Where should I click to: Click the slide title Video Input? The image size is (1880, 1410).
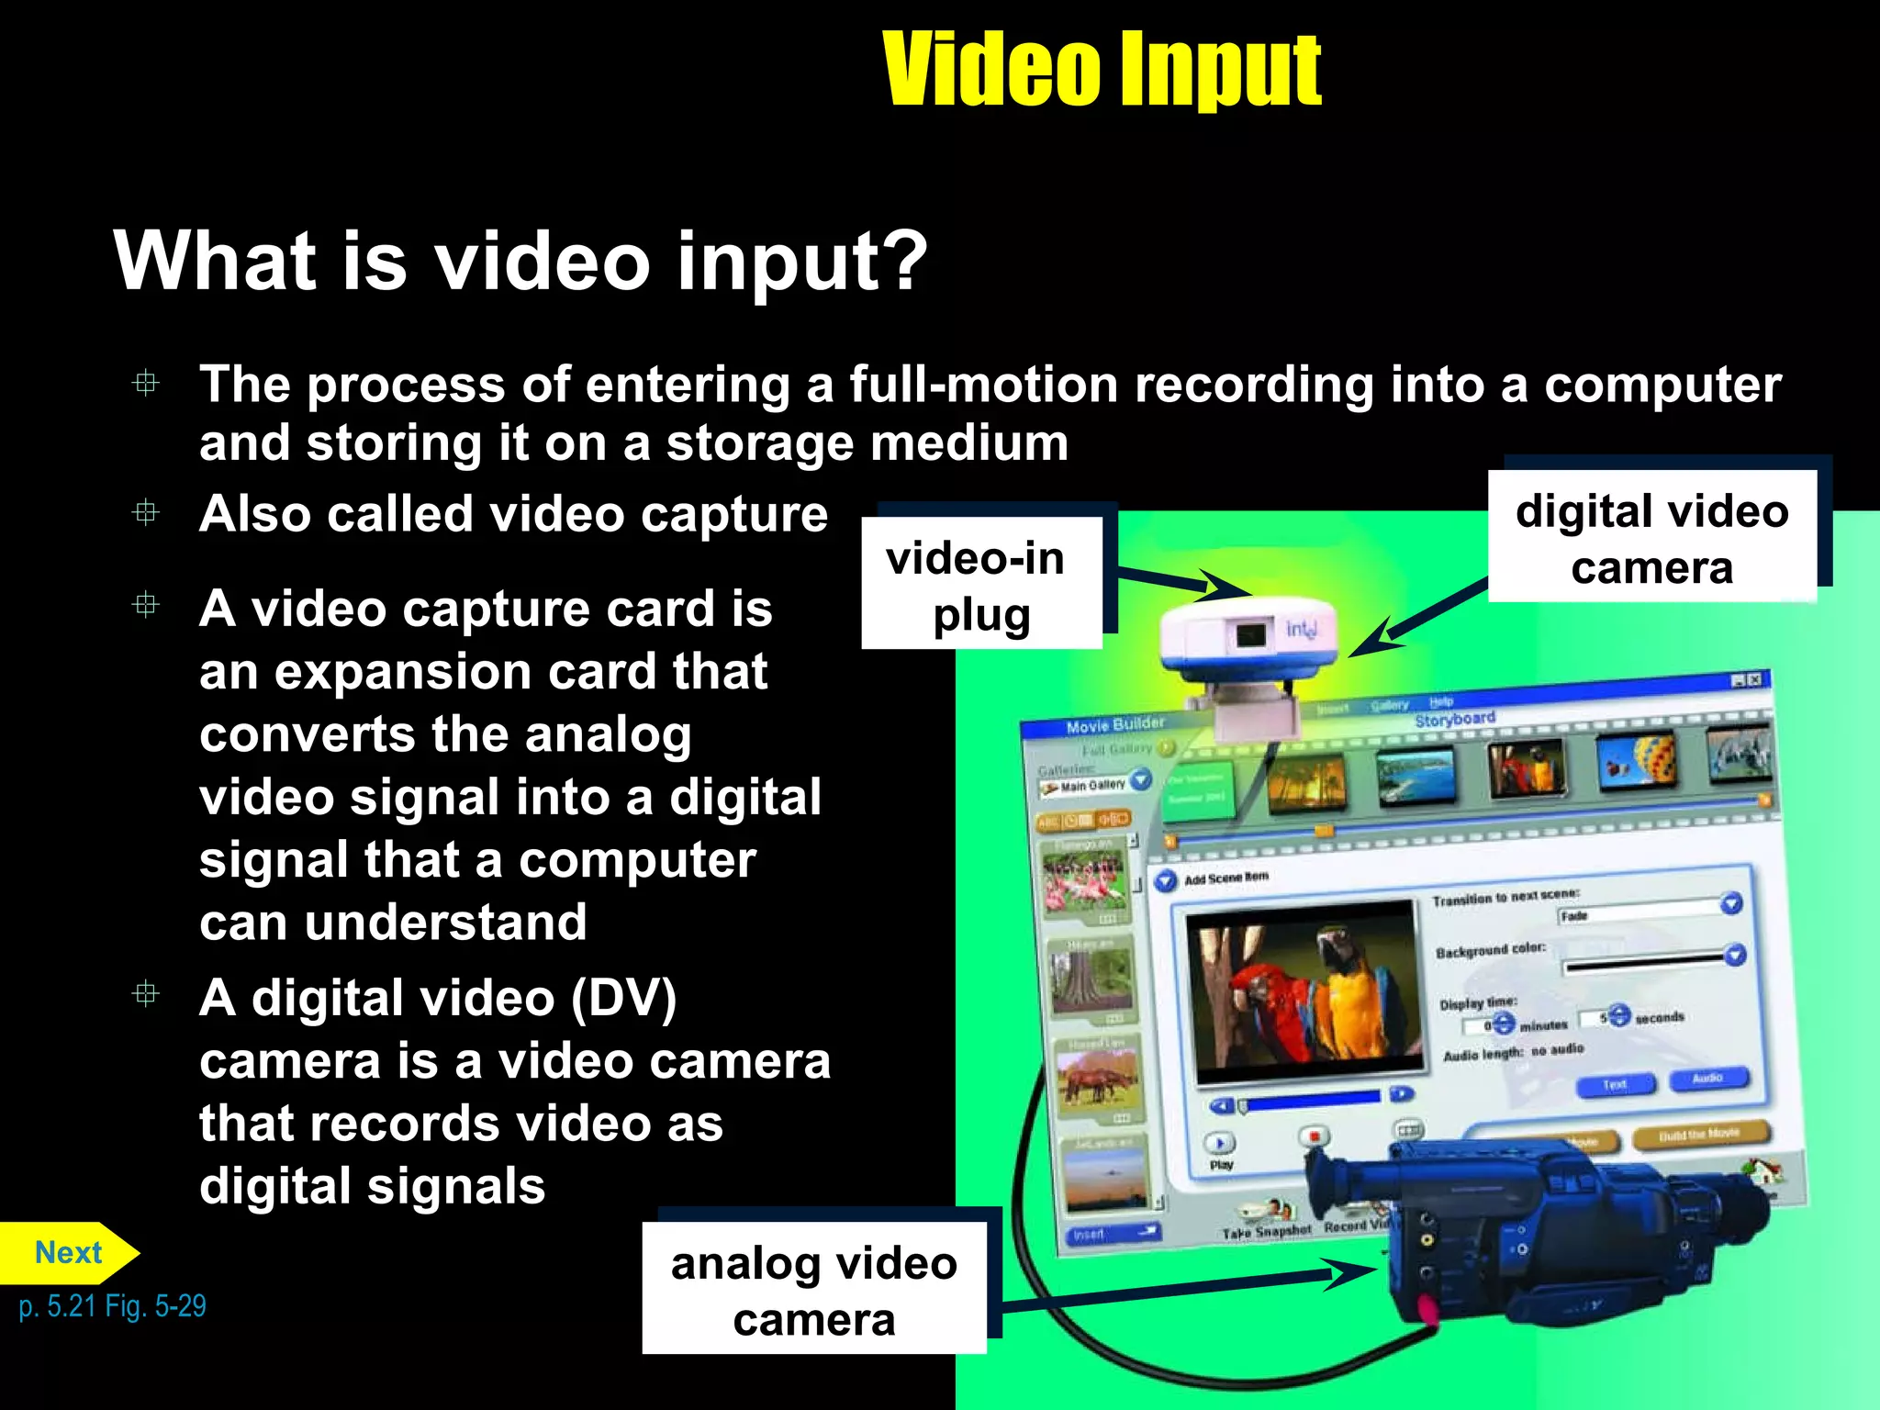point(1101,69)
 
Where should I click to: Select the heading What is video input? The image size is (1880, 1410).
point(520,262)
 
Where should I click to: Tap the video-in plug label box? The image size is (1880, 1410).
point(980,585)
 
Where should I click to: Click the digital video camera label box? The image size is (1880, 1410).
point(1651,538)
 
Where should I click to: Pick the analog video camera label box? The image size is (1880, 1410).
point(813,1289)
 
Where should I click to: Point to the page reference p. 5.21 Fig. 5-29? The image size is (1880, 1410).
point(112,1306)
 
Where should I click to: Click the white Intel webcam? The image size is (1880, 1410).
point(1248,643)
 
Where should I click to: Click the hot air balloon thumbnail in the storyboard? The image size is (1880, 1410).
point(1639,761)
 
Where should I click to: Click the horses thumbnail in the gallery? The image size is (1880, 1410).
point(1098,1079)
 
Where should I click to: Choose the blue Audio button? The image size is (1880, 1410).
point(1707,1079)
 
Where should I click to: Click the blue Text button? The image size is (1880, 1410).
point(1615,1085)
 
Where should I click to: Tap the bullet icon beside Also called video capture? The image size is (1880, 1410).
point(146,512)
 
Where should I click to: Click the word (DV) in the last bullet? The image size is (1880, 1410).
point(623,999)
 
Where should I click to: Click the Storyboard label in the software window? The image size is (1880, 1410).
point(1455,719)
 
